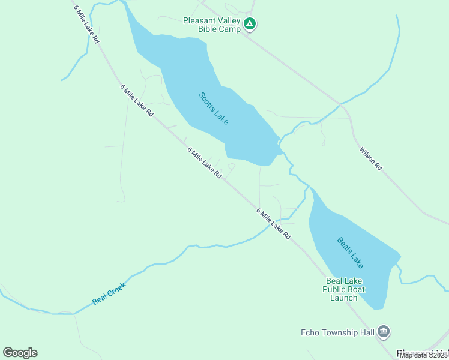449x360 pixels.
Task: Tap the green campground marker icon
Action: pyautogui.click(x=250, y=25)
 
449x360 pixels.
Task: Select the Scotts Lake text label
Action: pyautogui.click(x=214, y=108)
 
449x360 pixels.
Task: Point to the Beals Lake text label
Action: pyautogui.click(x=350, y=253)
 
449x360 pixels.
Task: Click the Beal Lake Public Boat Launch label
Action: pyautogui.click(x=344, y=289)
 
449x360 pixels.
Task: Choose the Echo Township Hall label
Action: pyautogui.click(x=337, y=332)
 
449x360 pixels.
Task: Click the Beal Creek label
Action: pyautogui.click(x=110, y=293)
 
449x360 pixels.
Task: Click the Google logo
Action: pyautogui.click(x=20, y=353)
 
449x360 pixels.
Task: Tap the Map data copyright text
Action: pyautogui.click(x=424, y=355)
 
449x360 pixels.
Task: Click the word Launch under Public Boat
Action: pyautogui.click(x=344, y=298)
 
